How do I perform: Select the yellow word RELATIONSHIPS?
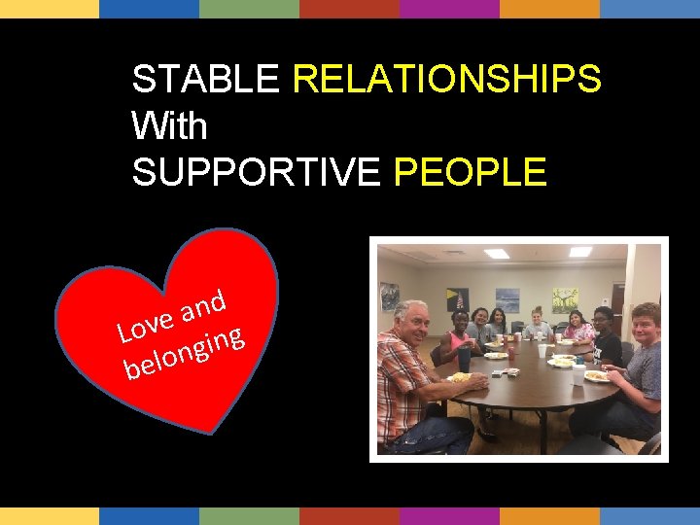[446, 80]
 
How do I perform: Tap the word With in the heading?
[169, 125]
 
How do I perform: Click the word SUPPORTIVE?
[257, 172]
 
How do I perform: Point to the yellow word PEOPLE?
[470, 172]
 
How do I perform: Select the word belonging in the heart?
[184, 353]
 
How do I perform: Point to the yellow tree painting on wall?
[565, 298]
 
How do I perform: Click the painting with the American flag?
[457, 299]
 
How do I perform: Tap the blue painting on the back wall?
[507, 299]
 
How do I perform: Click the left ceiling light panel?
[497, 254]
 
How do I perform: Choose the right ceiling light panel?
[580, 252]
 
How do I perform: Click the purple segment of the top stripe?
[449, 9]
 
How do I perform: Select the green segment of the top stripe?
[249, 9]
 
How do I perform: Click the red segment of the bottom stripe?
[349, 515]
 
